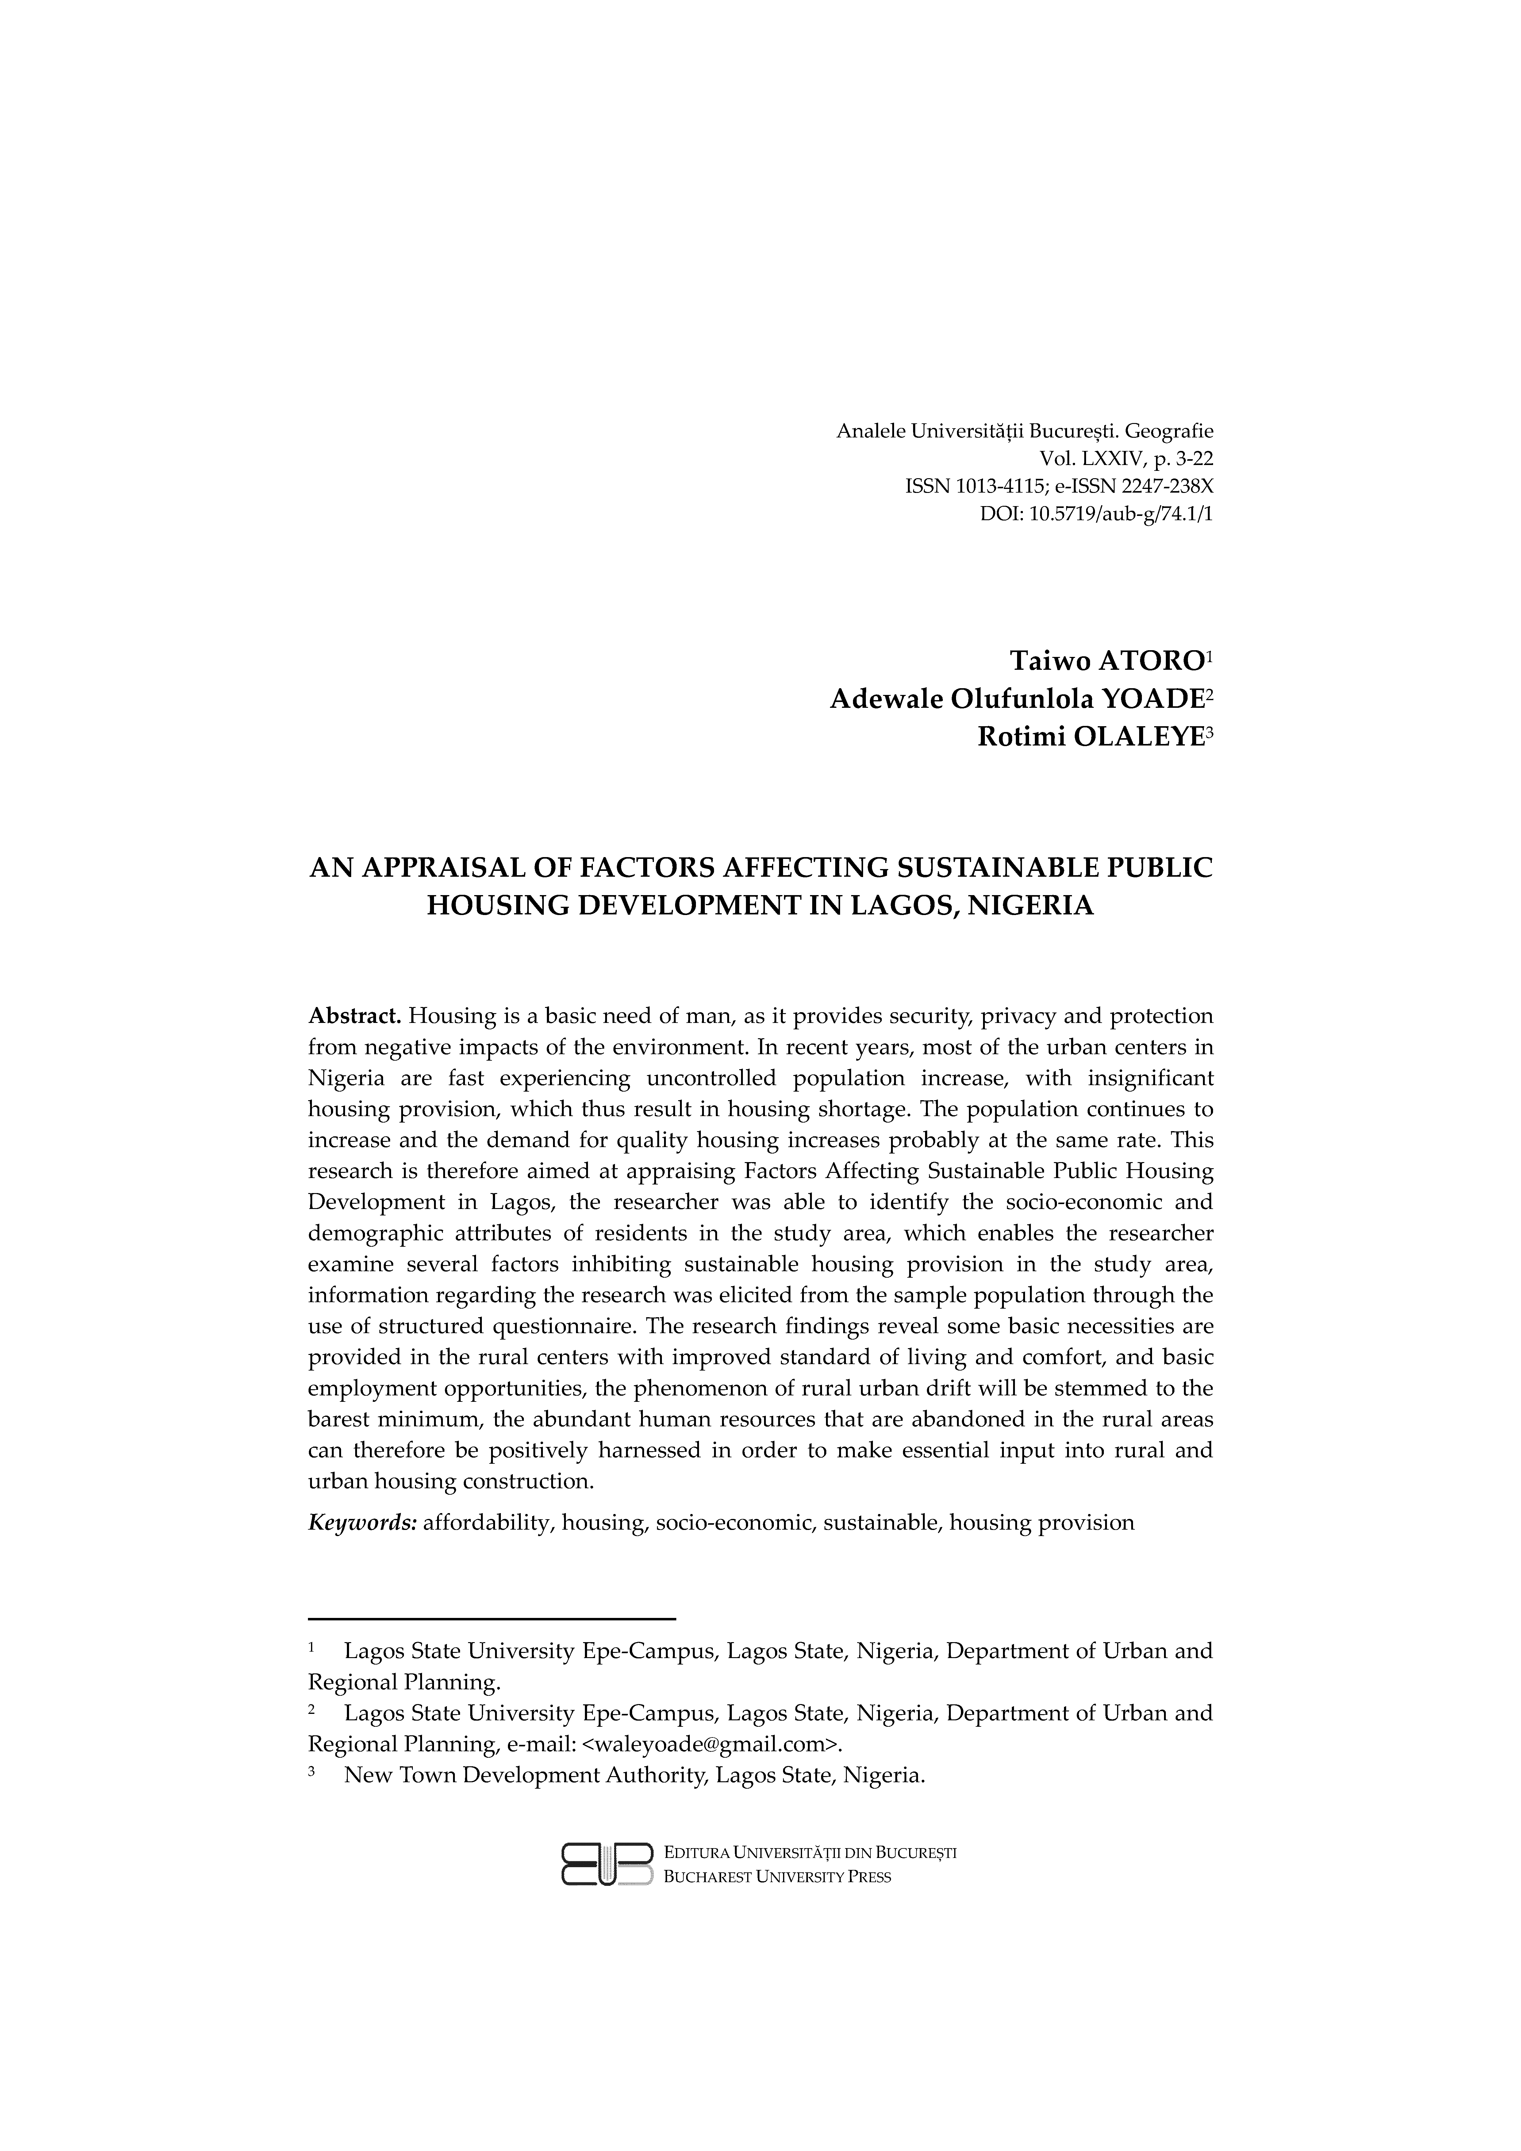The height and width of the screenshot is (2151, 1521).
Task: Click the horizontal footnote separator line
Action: [x=492, y=1618]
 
